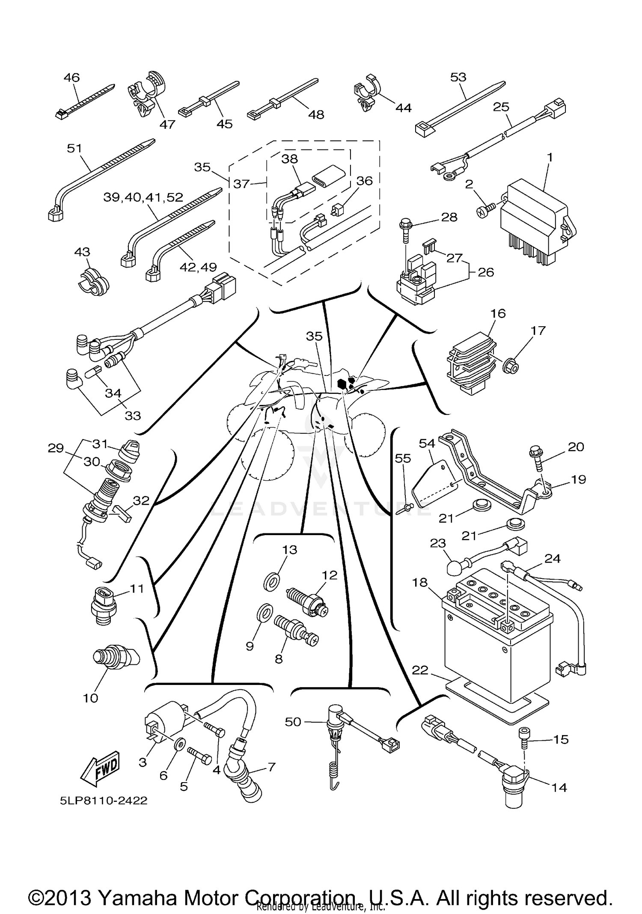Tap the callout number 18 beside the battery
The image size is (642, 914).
coord(420,583)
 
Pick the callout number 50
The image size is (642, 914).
coord(293,722)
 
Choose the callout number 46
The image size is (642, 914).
coord(71,77)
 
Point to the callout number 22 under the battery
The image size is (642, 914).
coord(420,670)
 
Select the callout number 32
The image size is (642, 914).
coord(141,500)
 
